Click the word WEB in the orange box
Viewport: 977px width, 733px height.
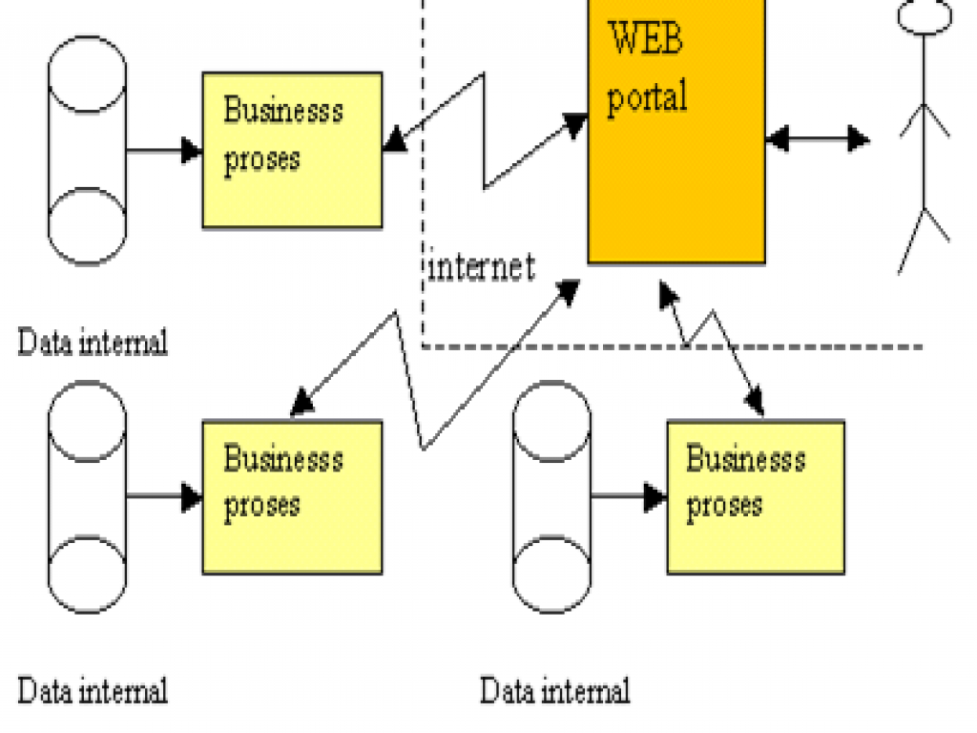[646, 41]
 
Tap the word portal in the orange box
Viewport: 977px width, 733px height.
[647, 96]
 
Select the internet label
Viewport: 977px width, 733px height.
[481, 266]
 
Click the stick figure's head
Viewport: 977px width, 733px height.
[924, 16]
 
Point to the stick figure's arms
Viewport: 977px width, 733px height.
[924, 119]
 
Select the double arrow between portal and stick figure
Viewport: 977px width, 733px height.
[817, 140]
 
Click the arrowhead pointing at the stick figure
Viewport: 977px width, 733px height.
[858, 140]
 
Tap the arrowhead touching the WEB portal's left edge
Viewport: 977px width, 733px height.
[575, 124]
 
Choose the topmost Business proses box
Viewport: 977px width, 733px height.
[292, 149]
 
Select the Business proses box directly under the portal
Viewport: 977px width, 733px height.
[756, 496]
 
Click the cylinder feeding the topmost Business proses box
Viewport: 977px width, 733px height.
[87, 151]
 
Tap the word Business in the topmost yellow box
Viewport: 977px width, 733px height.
[282, 111]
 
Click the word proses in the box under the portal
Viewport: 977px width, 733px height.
[724, 504]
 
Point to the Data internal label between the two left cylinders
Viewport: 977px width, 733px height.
[93, 342]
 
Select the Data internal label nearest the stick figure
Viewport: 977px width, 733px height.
[554, 690]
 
